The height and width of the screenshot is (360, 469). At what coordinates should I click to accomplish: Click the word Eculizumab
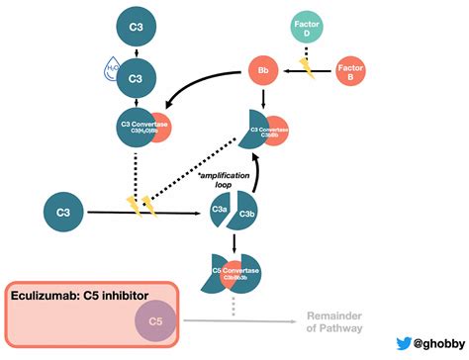point(51,295)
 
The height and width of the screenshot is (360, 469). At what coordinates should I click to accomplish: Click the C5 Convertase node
point(236,271)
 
